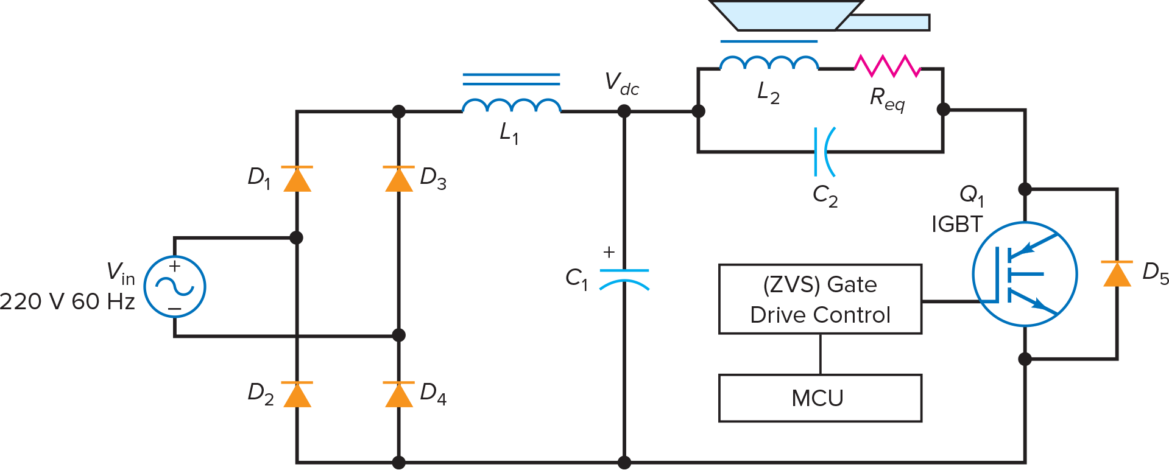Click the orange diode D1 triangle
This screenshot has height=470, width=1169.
tap(297, 180)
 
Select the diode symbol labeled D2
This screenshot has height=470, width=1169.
tap(297, 395)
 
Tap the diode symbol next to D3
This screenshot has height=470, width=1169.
tap(399, 180)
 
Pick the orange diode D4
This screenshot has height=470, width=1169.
tap(399, 395)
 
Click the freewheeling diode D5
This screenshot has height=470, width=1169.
tap(1117, 274)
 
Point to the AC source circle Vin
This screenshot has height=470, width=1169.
tap(175, 286)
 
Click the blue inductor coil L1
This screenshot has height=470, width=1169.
tap(511, 105)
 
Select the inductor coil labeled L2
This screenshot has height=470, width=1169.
tap(769, 63)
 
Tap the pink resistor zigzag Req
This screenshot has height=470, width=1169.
tap(887, 66)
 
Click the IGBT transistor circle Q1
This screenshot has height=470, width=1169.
tap(1025, 274)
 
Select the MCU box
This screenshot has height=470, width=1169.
tap(820, 398)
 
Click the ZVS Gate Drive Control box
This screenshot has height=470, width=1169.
tap(820, 299)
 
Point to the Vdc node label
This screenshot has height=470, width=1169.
tap(621, 84)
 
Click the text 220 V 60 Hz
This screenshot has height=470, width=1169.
tap(67, 301)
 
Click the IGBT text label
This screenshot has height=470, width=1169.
tap(957, 225)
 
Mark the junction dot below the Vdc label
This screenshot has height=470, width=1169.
tap(624, 111)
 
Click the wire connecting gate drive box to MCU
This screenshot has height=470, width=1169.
tap(820, 354)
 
